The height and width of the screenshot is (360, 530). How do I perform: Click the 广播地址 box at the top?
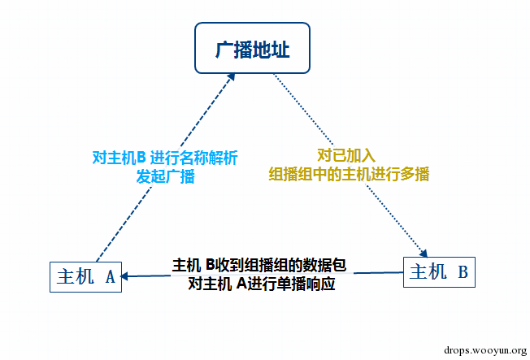[253, 50]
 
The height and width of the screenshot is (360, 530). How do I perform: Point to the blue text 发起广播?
[166, 176]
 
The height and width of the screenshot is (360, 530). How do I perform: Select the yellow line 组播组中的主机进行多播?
[349, 173]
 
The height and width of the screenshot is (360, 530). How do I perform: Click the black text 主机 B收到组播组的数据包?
[259, 265]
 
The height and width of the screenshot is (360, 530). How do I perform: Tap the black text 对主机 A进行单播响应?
[261, 284]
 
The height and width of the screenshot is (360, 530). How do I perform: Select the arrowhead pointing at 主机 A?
[124, 276]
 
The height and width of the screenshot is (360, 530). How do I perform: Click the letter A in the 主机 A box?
[110, 276]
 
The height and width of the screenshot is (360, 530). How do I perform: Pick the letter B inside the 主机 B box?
[462, 271]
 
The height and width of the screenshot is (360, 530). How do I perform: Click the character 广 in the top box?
[224, 50]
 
